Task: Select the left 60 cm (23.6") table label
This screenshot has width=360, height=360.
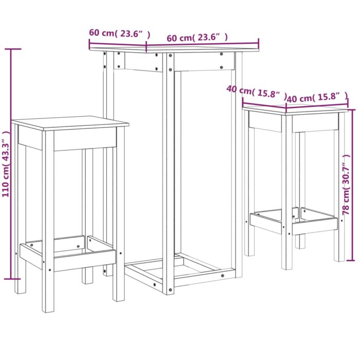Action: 119,34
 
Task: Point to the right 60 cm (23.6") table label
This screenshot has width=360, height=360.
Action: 197,38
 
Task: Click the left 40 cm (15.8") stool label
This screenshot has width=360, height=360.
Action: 256,92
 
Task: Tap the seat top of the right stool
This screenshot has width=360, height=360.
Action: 296,109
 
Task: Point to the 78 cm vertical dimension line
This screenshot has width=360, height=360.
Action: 348,185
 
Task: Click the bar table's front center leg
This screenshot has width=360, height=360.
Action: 168,175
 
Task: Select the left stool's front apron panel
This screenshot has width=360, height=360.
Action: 85,139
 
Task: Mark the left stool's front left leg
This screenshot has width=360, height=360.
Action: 48,221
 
